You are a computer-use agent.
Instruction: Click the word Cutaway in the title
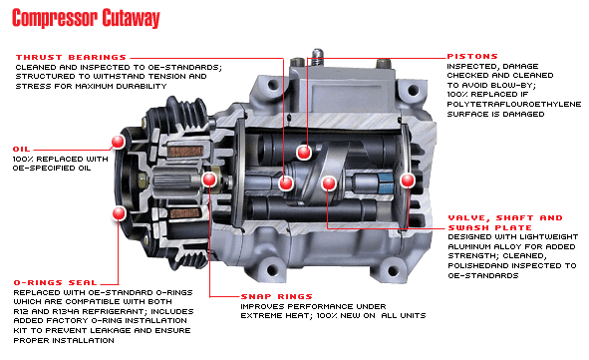[131, 18]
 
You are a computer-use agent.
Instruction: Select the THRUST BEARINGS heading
[71, 58]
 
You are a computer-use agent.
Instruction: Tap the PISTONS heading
[472, 57]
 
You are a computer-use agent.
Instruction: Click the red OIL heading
[21, 150]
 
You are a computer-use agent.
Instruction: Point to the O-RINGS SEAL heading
[55, 282]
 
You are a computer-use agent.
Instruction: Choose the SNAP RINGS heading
[276, 296]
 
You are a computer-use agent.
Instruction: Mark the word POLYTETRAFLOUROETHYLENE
[514, 104]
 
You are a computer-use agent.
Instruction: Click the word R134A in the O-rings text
[67, 311]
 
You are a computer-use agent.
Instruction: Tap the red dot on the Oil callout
[118, 142]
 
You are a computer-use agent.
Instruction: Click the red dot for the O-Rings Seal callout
[119, 213]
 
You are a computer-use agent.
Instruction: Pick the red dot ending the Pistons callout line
[304, 153]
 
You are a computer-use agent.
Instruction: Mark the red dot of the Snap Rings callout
[209, 180]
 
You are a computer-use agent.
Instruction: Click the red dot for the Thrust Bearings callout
[286, 183]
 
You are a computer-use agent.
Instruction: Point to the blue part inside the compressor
[386, 183]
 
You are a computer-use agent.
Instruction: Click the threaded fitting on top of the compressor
[317, 57]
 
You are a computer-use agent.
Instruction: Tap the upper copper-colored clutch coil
[186, 152]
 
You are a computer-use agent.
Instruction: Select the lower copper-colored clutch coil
[184, 213]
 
